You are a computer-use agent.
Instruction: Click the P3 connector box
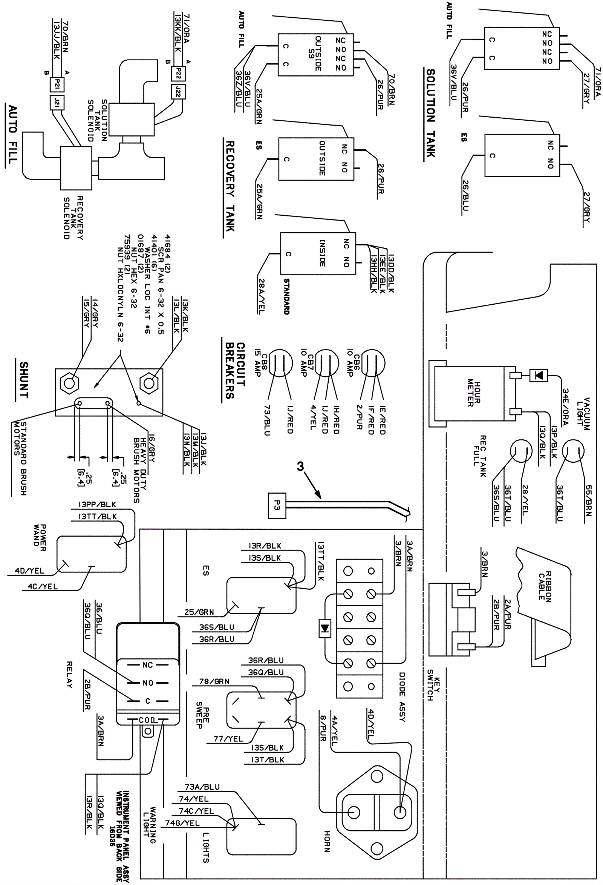click(x=277, y=505)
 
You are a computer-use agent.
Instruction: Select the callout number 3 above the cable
click(x=300, y=466)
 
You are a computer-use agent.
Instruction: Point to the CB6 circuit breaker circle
click(x=372, y=362)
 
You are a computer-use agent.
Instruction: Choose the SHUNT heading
click(x=24, y=380)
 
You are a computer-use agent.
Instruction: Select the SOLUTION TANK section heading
click(x=430, y=113)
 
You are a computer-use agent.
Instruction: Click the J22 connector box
click(x=179, y=92)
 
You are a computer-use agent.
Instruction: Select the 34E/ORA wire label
click(x=566, y=407)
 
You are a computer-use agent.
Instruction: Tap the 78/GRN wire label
click(x=214, y=681)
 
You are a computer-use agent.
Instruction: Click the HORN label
click(x=327, y=841)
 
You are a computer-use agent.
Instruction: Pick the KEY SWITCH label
click(x=433, y=685)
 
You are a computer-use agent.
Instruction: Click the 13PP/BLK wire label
click(x=97, y=504)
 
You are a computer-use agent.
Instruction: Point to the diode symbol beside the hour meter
click(x=539, y=376)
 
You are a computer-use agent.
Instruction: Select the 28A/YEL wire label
click(x=262, y=296)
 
